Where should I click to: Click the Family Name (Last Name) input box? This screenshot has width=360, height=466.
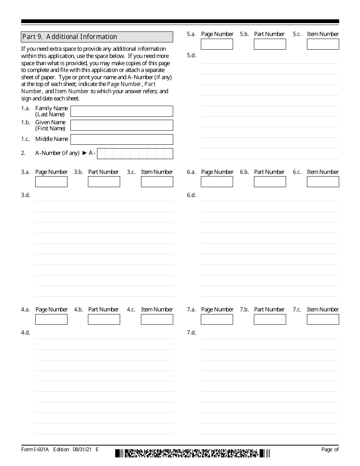[122, 111]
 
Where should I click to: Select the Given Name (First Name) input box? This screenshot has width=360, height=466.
[122, 125]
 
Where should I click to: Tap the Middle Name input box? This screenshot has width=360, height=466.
[122, 139]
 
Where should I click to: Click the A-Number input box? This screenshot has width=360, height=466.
[135, 153]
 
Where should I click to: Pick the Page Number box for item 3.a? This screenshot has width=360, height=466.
[51, 182]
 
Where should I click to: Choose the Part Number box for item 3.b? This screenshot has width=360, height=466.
[104, 182]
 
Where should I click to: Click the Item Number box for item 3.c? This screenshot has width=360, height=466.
[157, 182]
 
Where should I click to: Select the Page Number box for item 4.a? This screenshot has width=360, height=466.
[51, 319]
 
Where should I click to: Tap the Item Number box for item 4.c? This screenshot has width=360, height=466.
[157, 319]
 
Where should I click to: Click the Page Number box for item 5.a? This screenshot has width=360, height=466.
[217, 44]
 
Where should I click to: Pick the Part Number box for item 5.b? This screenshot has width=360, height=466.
[270, 44]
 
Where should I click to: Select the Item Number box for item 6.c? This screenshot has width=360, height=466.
[323, 182]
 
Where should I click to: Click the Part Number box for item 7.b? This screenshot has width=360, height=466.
[270, 319]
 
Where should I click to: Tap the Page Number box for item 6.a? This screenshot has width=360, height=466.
[217, 182]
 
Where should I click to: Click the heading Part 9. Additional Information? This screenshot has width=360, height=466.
[70, 37]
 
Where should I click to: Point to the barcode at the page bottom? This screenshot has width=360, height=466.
[193, 453]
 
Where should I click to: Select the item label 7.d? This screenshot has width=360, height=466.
[191, 333]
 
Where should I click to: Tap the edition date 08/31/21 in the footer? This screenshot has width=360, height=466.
[83, 449]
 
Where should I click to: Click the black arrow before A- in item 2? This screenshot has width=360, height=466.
[85, 153]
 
